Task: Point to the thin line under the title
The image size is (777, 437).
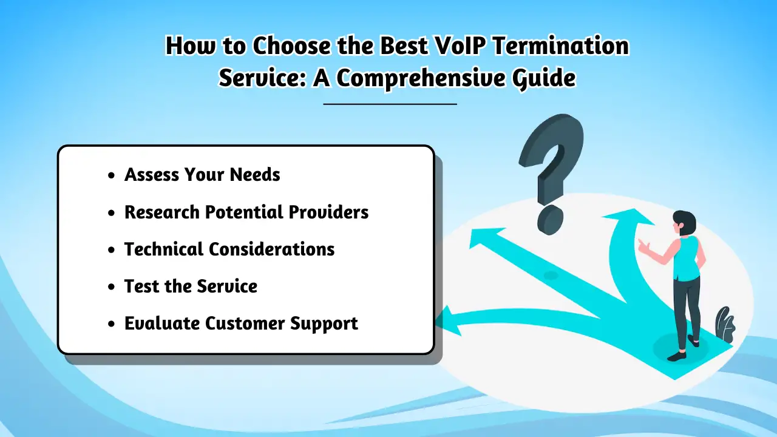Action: tap(390, 104)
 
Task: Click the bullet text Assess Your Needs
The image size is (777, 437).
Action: tap(202, 175)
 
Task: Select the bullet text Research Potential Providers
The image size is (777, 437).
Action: tap(246, 212)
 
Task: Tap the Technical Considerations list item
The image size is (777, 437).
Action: tap(229, 249)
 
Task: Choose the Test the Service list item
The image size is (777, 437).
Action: tap(191, 286)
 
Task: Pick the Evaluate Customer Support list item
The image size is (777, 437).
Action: tap(241, 324)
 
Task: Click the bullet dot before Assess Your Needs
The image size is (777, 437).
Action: tap(110, 176)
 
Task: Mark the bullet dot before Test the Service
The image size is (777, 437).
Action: tap(110, 287)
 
